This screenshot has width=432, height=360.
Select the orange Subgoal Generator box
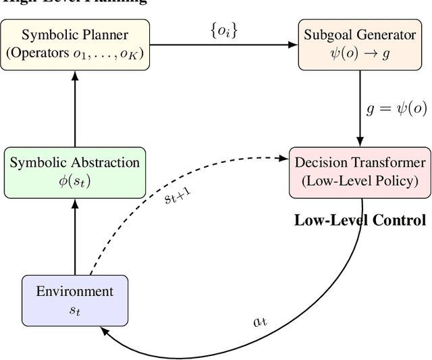click(358, 45)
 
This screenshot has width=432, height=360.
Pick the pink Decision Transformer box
click(360, 172)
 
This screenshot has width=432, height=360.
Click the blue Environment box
click(74, 299)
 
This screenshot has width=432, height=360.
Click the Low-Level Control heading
click(360, 220)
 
